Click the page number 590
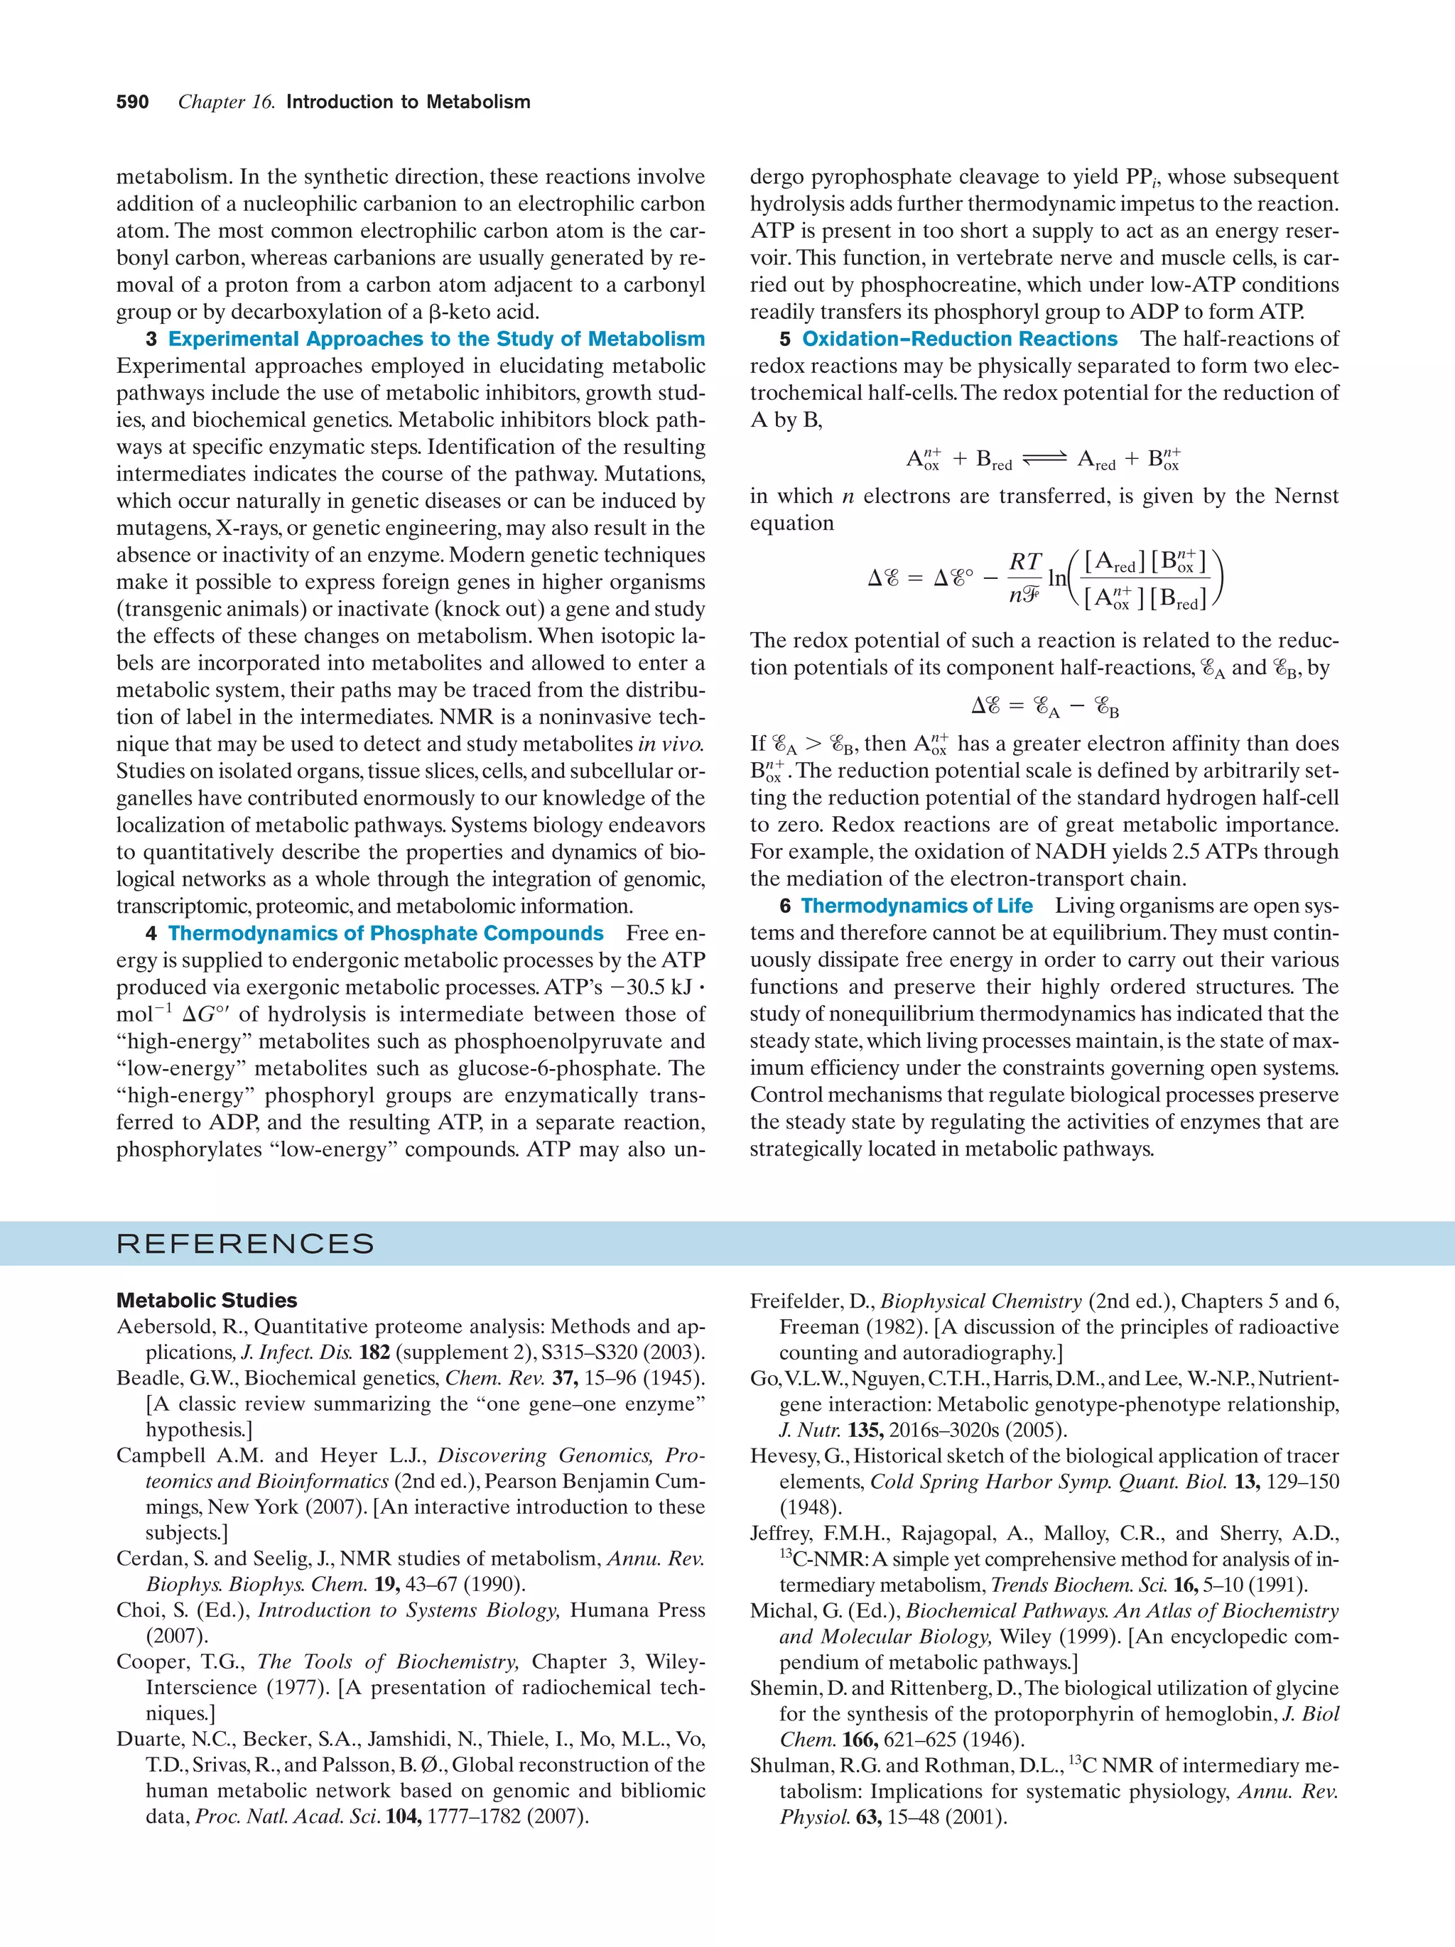pyautogui.click(x=132, y=102)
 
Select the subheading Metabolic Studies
pyautogui.click(x=206, y=1300)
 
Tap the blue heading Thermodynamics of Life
pyautogui.click(x=916, y=906)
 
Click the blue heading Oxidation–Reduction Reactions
pyautogui.click(x=959, y=339)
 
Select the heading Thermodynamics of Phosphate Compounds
pyautogui.click(x=386, y=933)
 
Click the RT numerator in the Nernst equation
pyautogui.click(x=1025, y=562)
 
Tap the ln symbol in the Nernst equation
pyautogui.click(x=1056, y=578)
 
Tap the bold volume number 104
pyautogui.click(x=402, y=1816)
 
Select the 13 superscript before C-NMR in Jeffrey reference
pyautogui.click(x=785, y=1553)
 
